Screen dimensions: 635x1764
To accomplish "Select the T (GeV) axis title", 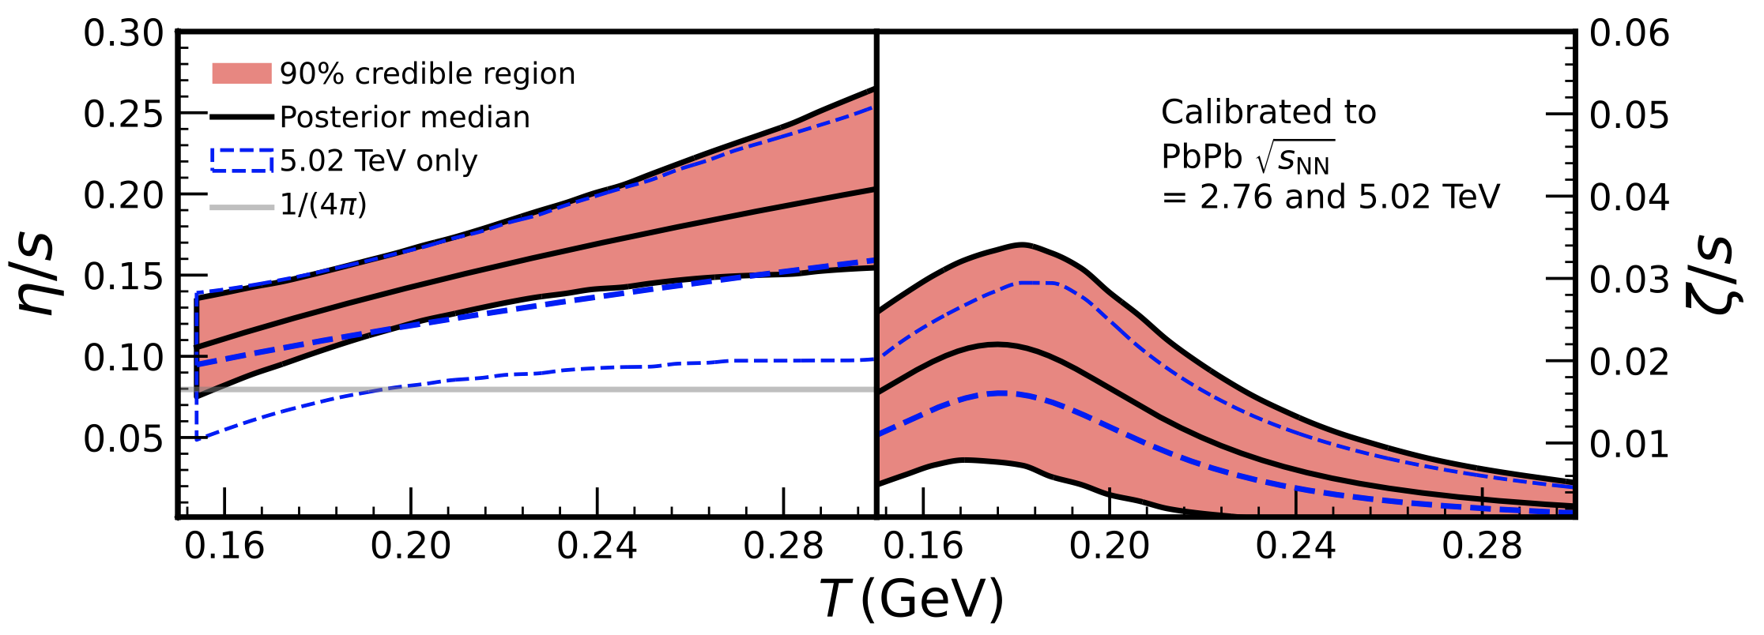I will pyautogui.click(x=911, y=599).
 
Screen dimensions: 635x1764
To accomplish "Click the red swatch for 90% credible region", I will pyautogui.click(x=241, y=73).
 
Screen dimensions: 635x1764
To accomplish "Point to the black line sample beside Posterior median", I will pyautogui.click(x=241, y=117).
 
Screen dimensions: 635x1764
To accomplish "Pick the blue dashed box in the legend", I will pyautogui.click(x=241, y=160).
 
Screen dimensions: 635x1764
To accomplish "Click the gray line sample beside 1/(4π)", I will pyautogui.click(x=241, y=207).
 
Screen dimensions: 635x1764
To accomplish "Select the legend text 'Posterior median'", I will pyautogui.click(x=405, y=117).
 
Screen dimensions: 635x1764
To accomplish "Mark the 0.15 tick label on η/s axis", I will pyautogui.click(x=123, y=276).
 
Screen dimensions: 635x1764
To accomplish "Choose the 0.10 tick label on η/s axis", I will pyautogui.click(x=123, y=358).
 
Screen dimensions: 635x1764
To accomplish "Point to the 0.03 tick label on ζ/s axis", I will pyautogui.click(x=1629, y=280).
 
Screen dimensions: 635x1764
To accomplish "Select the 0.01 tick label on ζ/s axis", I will pyautogui.click(x=1629, y=444).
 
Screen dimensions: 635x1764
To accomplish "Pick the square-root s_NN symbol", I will pyautogui.click(x=1295, y=158).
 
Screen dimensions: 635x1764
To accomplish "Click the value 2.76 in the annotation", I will pyautogui.click(x=1238, y=197).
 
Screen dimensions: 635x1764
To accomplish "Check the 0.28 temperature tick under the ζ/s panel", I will pyautogui.click(x=1482, y=546).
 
